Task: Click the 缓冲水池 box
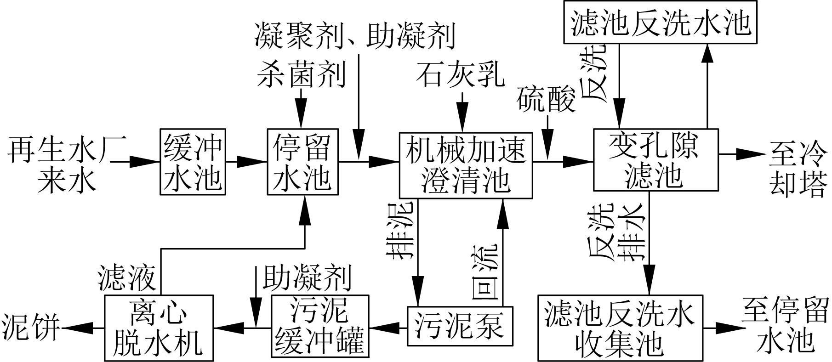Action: (193, 162)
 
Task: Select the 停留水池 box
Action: (302, 162)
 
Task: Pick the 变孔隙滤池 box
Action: (655, 160)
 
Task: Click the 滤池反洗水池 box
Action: (661, 23)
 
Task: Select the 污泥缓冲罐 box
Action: (320, 327)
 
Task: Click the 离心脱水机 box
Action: (159, 328)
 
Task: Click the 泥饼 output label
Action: (30, 327)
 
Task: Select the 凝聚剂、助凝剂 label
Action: (355, 36)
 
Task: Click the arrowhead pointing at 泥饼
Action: (74, 328)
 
